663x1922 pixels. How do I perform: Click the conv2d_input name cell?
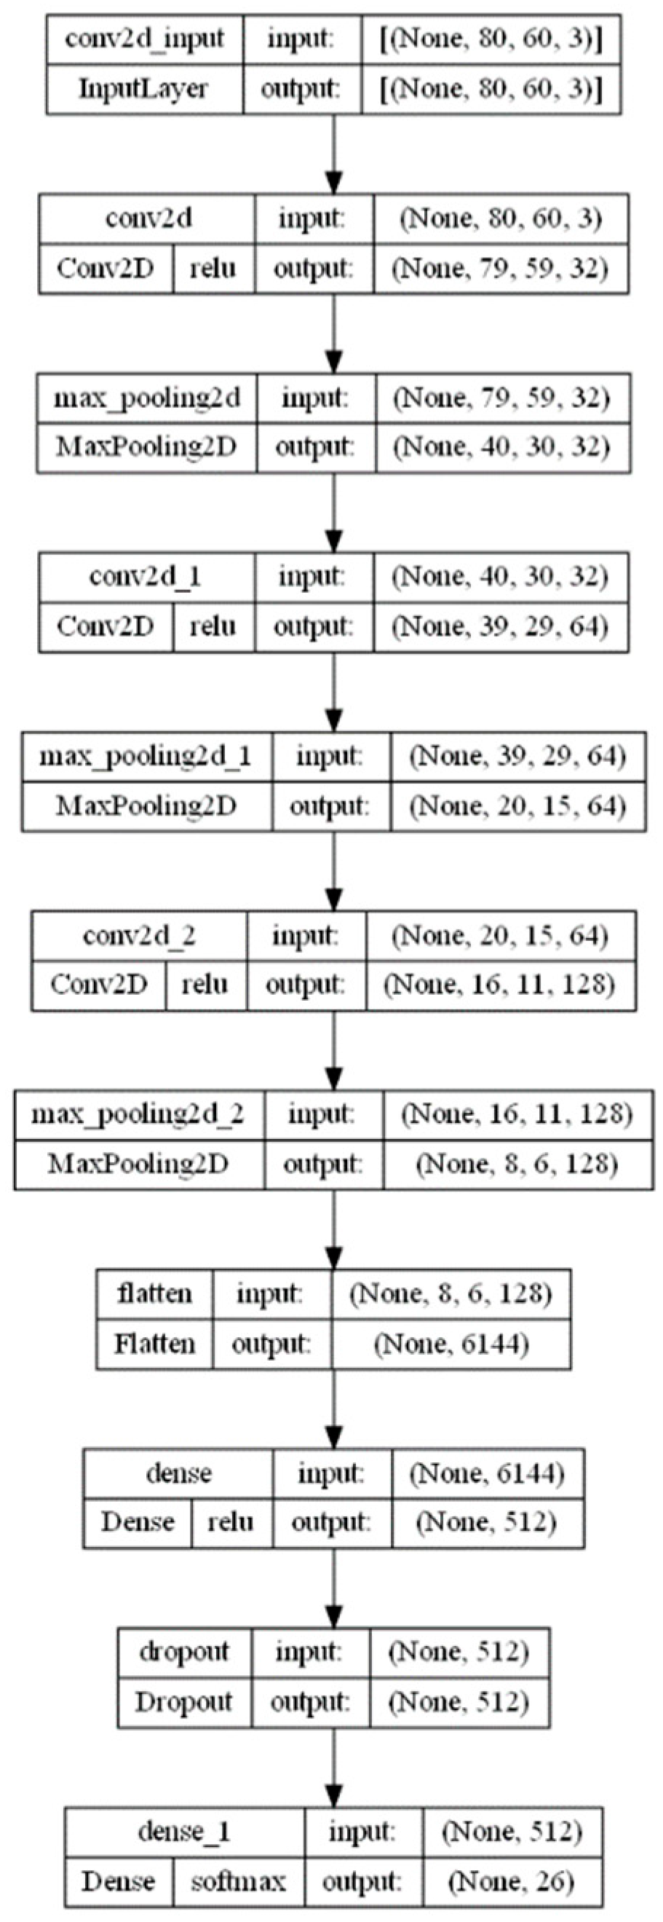point(145,39)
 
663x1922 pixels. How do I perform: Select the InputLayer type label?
point(145,89)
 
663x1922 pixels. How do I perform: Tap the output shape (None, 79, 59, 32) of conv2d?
point(501,269)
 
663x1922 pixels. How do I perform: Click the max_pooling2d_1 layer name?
point(146,757)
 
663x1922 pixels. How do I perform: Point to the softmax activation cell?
point(238,1881)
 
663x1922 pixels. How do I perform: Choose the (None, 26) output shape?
point(512,1881)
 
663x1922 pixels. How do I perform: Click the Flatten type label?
point(154,1344)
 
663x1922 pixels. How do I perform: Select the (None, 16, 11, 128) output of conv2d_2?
point(501,985)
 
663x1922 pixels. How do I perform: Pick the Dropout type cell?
point(183,1702)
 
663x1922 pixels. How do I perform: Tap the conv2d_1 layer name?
point(146,577)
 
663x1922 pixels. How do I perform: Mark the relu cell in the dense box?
point(231,1523)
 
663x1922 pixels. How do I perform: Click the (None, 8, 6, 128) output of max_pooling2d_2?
point(517,1164)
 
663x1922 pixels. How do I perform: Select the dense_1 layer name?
point(184,1831)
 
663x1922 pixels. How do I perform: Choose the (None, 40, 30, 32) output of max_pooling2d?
point(502,448)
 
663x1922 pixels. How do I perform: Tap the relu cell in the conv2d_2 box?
point(206,985)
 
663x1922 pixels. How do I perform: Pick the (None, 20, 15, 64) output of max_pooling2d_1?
point(517,806)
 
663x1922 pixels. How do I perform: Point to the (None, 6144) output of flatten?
point(451,1344)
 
